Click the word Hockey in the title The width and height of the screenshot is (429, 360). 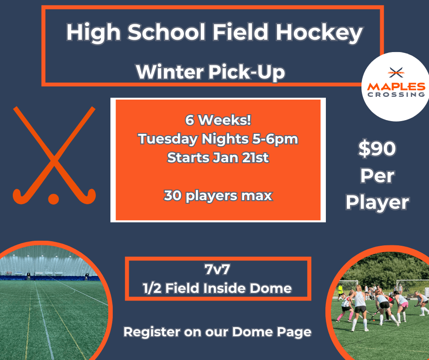(x=319, y=33)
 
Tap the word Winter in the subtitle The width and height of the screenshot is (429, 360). (x=170, y=72)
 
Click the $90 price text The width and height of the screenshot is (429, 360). (x=377, y=149)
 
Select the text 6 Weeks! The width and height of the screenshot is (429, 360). (x=218, y=120)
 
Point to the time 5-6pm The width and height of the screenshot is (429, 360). (x=275, y=139)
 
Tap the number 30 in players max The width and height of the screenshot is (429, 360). (x=173, y=196)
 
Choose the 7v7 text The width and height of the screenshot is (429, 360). (x=217, y=270)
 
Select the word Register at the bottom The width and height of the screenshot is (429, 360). (x=152, y=332)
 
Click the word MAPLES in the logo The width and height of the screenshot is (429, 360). (x=396, y=87)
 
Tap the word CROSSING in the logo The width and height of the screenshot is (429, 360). (x=396, y=95)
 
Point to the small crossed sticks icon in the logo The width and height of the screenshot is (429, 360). (x=396, y=72)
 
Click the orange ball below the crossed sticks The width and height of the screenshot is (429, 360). (x=54, y=199)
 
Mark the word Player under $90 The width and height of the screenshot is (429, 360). (x=377, y=203)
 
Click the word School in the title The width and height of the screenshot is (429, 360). (x=166, y=32)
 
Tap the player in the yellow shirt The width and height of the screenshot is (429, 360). (x=340, y=292)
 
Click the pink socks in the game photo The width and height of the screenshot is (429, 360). (x=340, y=317)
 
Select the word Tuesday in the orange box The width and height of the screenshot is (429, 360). (x=167, y=139)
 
